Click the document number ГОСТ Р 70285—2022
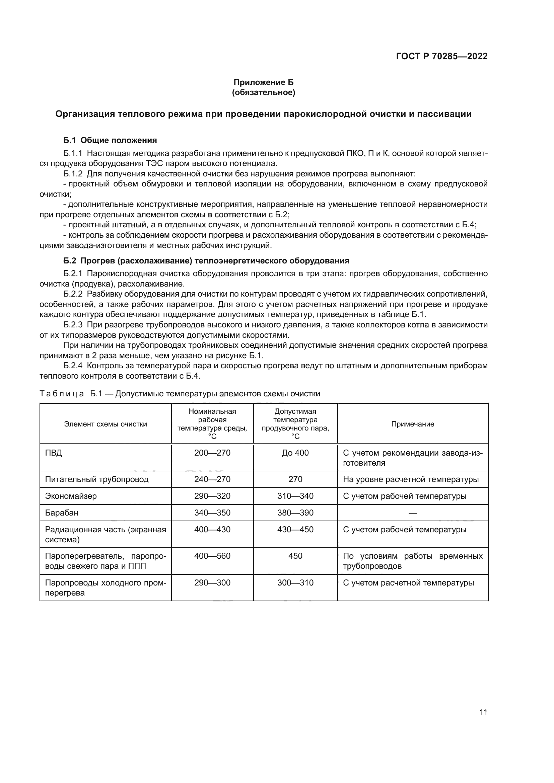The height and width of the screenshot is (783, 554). [x=442, y=56]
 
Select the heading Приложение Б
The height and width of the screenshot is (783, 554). [x=263, y=82]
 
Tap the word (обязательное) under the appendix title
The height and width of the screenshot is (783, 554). [x=263, y=92]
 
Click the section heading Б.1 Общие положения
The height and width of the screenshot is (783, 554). [x=110, y=140]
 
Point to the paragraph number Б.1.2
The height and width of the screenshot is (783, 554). [x=73, y=174]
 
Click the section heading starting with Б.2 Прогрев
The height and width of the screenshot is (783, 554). [x=206, y=261]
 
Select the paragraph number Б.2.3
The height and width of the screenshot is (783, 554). [x=73, y=325]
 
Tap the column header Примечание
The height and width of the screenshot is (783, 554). [x=412, y=424]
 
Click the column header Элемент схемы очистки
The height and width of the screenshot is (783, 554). [x=106, y=424]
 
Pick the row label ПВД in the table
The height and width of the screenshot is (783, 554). [x=54, y=453]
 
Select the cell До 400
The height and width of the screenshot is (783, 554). [x=295, y=453]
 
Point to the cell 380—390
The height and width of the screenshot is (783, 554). [x=295, y=513]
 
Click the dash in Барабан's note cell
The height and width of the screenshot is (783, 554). [x=412, y=513]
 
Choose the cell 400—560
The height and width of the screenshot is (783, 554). [x=212, y=556]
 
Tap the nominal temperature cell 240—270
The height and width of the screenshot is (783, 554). [x=212, y=479]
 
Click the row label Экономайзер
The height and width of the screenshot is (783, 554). [x=71, y=496]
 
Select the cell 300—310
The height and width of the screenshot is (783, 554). [x=295, y=583]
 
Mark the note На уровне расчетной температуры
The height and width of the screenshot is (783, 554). [x=410, y=479]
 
